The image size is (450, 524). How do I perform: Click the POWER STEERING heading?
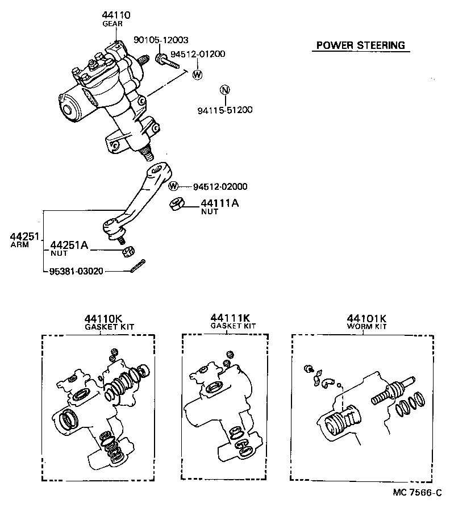360,45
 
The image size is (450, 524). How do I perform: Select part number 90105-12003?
161,40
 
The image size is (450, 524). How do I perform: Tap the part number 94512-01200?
201,54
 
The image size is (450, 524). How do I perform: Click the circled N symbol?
224,89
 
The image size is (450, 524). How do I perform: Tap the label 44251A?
69,245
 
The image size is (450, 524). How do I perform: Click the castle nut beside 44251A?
129,250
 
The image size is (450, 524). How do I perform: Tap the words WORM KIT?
367,327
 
